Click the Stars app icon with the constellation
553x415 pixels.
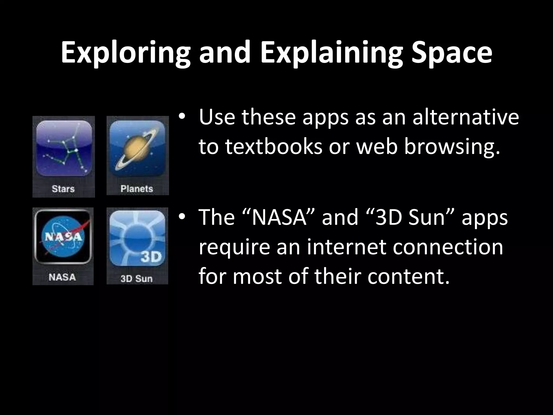point(64,149)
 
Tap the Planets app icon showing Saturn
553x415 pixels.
point(137,149)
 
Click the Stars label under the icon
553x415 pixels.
point(63,189)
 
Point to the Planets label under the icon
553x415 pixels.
point(137,189)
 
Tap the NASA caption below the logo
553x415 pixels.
point(62,277)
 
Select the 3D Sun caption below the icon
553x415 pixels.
point(137,278)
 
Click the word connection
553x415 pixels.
point(448,247)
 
